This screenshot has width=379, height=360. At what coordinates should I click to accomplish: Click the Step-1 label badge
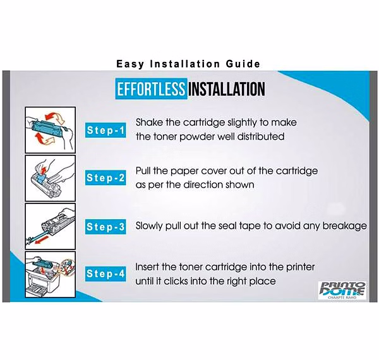click(105, 130)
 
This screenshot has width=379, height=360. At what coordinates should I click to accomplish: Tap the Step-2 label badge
click(105, 178)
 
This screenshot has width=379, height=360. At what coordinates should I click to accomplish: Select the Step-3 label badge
click(105, 227)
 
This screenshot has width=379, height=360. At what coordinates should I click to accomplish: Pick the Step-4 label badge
click(105, 273)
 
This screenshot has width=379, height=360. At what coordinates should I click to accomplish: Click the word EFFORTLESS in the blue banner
click(151, 88)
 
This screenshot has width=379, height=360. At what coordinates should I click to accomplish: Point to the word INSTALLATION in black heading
click(227, 89)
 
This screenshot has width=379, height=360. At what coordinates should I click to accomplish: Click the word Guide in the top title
click(243, 64)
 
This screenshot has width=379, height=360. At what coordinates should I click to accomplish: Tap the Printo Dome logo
click(342, 291)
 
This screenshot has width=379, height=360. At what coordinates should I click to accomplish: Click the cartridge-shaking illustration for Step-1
click(51, 130)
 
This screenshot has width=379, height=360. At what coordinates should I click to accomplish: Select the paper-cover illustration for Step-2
click(51, 178)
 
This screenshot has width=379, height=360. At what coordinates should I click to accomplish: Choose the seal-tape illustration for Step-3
click(51, 226)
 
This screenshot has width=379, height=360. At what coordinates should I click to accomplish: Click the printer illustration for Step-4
click(51, 275)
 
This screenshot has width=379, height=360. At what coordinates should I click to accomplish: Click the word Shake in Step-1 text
click(149, 123)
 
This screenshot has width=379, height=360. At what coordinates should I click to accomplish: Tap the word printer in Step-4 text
click(301, 267)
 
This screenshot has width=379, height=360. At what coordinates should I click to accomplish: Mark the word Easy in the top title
click(130, 64)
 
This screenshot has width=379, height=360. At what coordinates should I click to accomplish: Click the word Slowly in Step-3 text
click(149, 226)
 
